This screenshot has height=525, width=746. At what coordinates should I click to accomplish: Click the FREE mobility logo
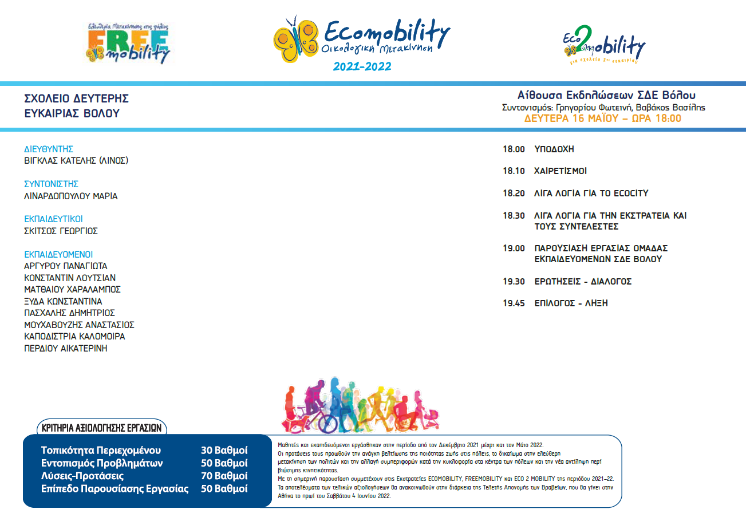pyautogui.click(x=128, y=44)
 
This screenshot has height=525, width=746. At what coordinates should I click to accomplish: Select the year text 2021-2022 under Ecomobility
pyautogui.click(x=362, y=66)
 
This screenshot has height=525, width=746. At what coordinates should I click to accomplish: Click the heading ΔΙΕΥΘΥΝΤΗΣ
pyautogui.click(x=49, y=149)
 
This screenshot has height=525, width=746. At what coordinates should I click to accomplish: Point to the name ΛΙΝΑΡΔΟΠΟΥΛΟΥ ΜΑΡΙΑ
pyautogui.click(x=70, y=196)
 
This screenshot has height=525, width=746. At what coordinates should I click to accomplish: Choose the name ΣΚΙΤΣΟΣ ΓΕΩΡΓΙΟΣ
pyautogui.click(x=61, y=231)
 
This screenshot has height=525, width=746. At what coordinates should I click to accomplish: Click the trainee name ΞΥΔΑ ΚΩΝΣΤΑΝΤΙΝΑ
pyautogui.click(x=63, y=301)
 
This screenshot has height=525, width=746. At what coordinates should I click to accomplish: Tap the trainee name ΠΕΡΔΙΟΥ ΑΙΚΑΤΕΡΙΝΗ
pyautogui.click(x=65, y=348)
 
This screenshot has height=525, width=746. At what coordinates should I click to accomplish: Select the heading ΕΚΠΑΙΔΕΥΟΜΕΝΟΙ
pyautogui.click(x=58, y=254)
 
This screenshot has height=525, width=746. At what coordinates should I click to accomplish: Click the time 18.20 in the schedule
pyautogui.click(x=514, y=194)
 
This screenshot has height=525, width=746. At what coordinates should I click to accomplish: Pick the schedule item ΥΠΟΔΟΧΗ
pyautogui.click(x=554, y=149)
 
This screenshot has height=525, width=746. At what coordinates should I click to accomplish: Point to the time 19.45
pyautogui.click(x=514, y=303)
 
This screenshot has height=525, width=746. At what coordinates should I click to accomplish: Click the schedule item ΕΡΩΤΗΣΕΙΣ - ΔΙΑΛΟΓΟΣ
pyautogui.click(x=583, y=282)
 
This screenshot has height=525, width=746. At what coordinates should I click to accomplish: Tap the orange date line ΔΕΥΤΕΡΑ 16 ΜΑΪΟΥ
pyautogui.click(x=603, y=119)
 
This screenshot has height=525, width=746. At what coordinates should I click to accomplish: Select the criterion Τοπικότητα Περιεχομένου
pyautogui.click(x=101, y=449)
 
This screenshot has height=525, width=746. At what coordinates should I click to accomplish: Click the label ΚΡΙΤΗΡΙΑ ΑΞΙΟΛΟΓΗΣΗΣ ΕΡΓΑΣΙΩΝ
pyautogui.click(x=102, y=427)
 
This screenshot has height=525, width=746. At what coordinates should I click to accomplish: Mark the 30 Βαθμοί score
pyautogui.click(x=224, y=449)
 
